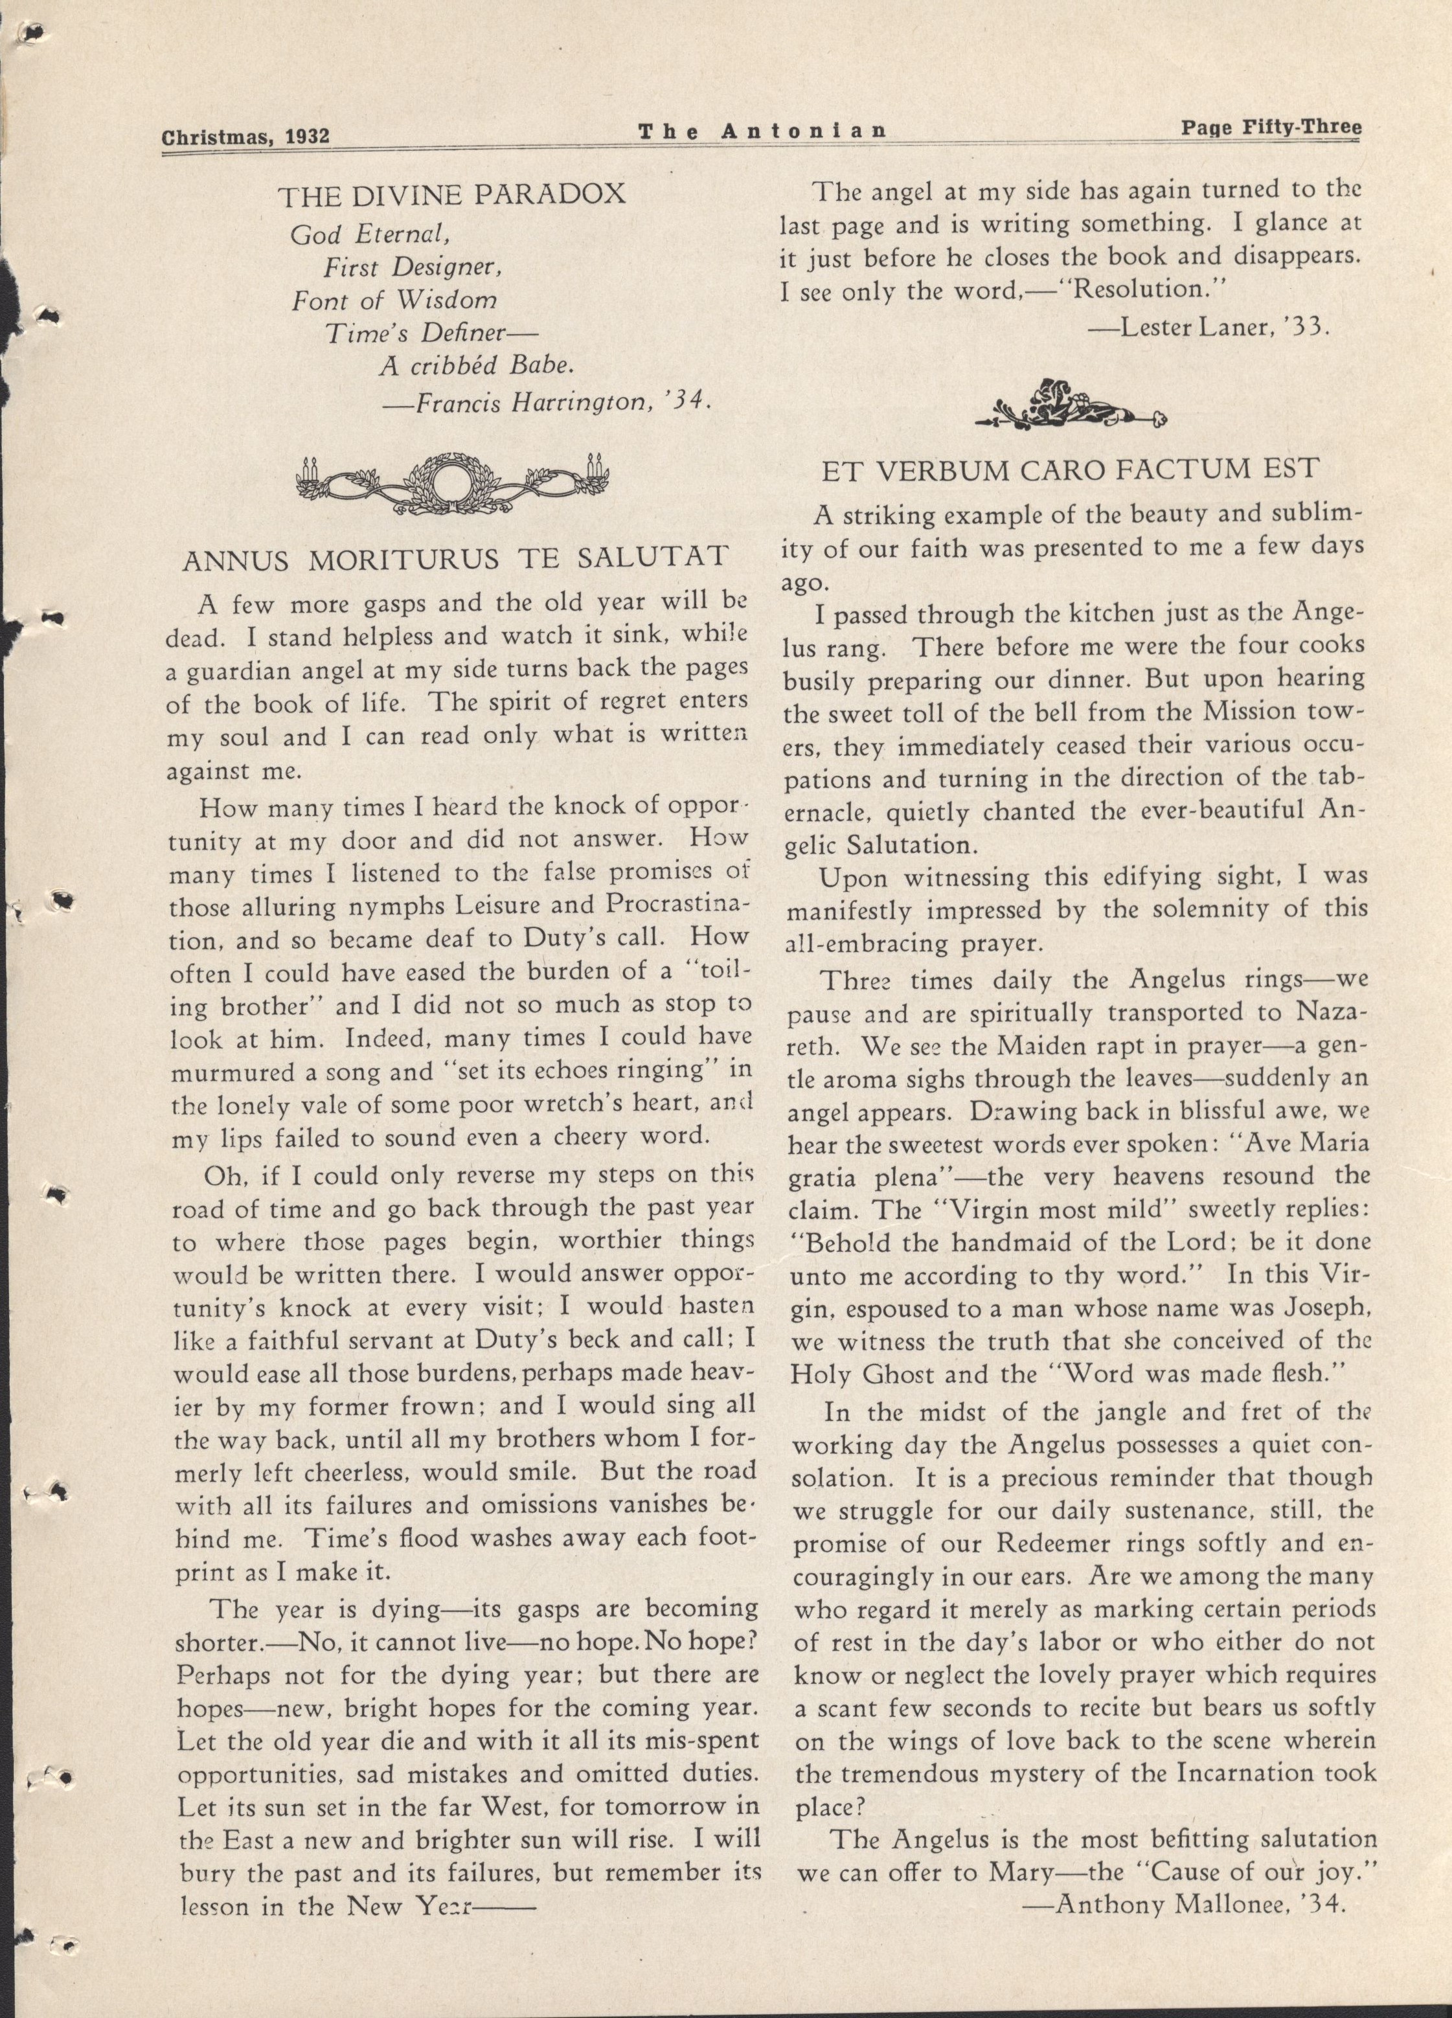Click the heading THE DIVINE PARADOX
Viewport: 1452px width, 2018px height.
point(452,195)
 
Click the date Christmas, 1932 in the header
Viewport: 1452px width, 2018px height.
point(245,136)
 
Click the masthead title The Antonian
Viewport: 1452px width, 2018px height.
point(762,131)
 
